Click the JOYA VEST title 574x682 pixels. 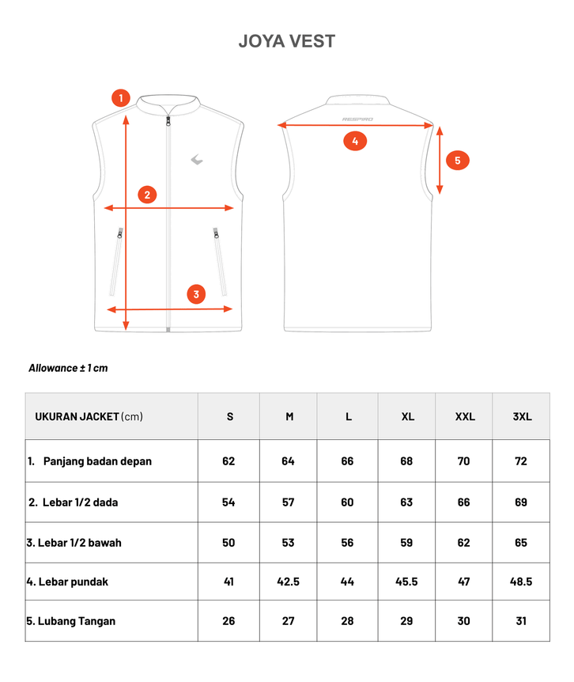click(x=286, y=41)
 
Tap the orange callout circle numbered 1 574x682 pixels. click(x=120, y=98)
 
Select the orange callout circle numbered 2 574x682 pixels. click(x=147, y=195)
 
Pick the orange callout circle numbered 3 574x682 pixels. click(x=197, y=294)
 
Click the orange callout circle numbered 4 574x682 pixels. click(x=355, y=142)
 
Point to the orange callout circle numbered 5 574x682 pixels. click(x=458, y=161)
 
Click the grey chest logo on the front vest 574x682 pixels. click(x=197, y=159)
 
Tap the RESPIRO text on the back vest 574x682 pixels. click(x=358, y=119)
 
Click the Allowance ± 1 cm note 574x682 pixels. click(x=68, y=368)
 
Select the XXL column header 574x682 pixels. click(x=465, y=416)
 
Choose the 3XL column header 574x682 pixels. click(x=522, y=416)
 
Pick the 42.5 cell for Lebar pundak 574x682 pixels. click(x=288, y=582)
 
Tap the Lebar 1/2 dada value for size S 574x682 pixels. click(x=228, y=502)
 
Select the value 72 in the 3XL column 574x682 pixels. click(x=521, y=461)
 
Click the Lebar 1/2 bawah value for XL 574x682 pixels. click(x=406, y=543)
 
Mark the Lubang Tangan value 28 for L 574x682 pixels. click(x=347, y=621)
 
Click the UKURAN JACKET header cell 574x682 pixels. click(x=89, y=416)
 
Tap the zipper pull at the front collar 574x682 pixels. click(x=168, y=121)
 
